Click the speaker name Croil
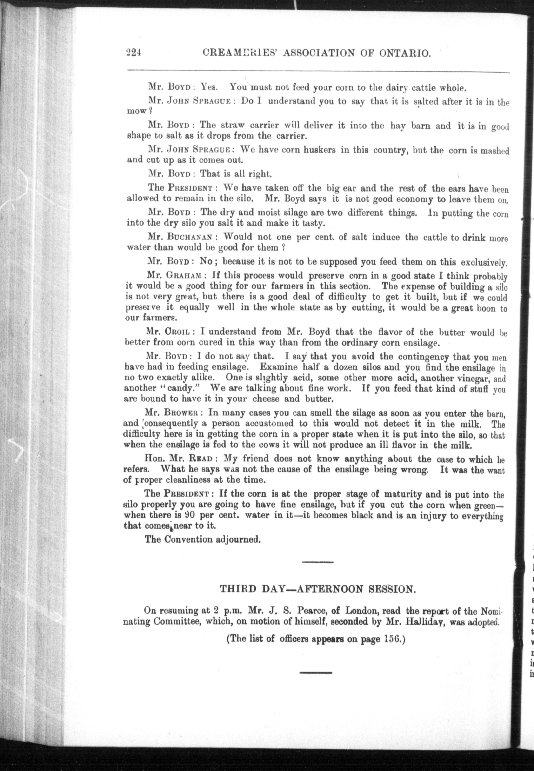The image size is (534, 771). [x=177, y=332]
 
